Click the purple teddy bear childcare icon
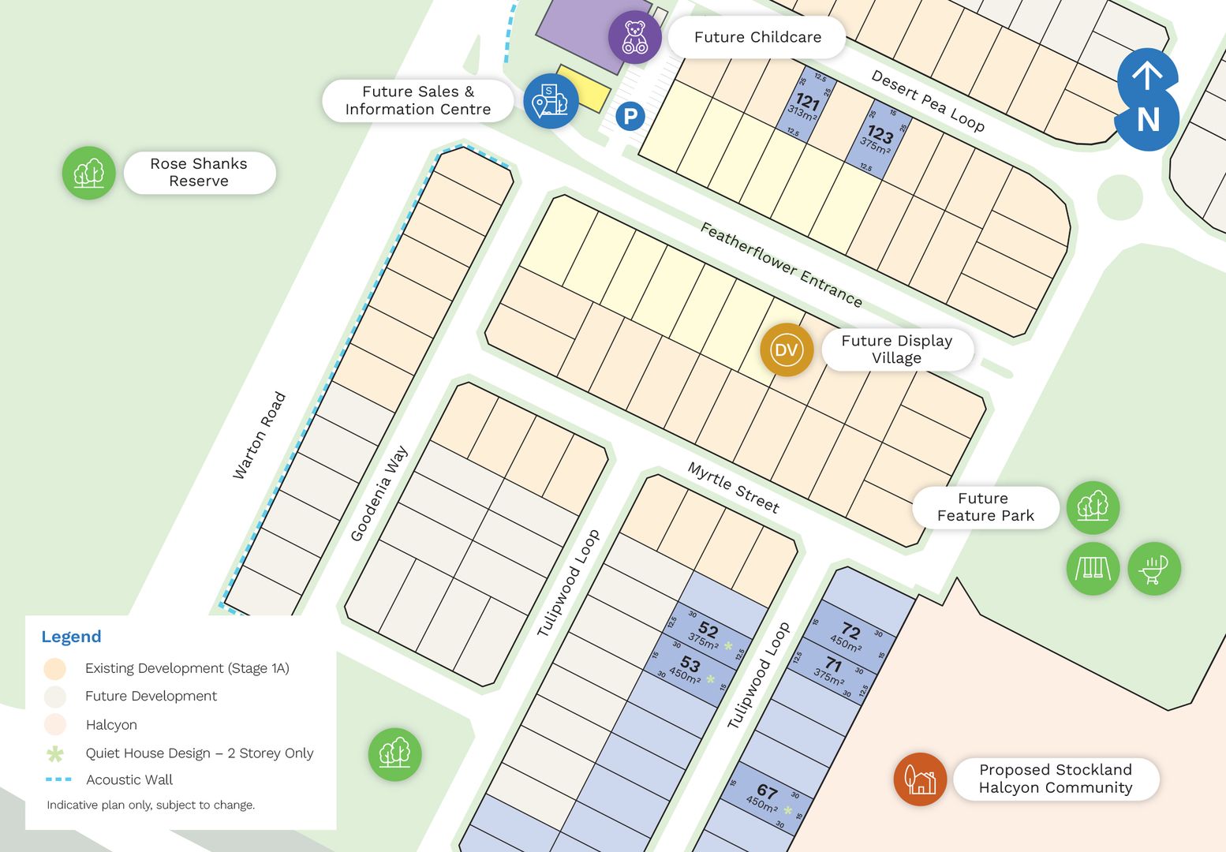coord(634,37)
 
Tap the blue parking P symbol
coord(630,117)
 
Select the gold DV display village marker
coord(787,349)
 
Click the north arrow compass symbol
coord(1148,99)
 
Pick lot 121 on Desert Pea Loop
coord(806,105)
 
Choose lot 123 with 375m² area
coord(878,138)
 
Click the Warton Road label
coord(259,435)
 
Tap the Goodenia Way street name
coord(379,494)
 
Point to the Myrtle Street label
coord(733,487)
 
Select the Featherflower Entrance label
coord(781,264)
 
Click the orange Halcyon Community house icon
coord(920,779)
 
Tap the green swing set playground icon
coord(1093,568)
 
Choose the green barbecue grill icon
coord(1154,568)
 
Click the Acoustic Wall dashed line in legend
coord(58,779)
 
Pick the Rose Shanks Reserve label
coord(199,173)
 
